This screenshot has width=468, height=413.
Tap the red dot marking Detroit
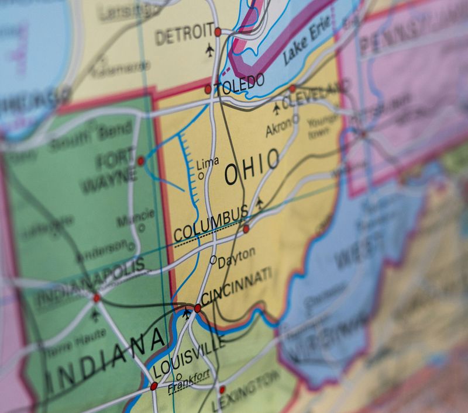point(218,32)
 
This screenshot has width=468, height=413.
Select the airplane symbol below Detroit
point(210,51)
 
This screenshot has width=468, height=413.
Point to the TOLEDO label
point(239,85)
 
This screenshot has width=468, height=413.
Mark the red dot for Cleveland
point(292,89)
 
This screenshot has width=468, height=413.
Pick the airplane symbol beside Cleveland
point(277,109)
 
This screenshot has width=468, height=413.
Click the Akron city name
point(278,129)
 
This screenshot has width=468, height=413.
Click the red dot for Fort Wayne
point(140,161)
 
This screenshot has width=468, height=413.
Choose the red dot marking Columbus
point(246,229)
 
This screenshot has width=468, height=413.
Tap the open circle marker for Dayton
point(213,259)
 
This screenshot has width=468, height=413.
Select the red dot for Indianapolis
point(97,298)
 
